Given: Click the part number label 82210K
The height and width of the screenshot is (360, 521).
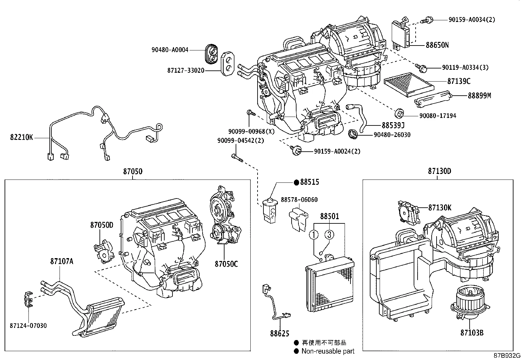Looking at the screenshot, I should tap(22, 138).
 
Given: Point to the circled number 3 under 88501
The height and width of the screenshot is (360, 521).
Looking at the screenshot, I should tap(329, 235).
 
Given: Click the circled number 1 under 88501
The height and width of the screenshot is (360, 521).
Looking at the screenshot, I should tap(314, 235).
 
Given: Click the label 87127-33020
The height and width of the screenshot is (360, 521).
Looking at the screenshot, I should tap(186, 70).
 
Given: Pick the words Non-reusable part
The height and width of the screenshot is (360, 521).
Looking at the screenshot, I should tap(328, 351).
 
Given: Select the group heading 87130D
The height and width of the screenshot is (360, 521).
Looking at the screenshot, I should tap(439, 171).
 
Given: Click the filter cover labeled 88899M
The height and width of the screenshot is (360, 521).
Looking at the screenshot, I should tap(433, 99).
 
